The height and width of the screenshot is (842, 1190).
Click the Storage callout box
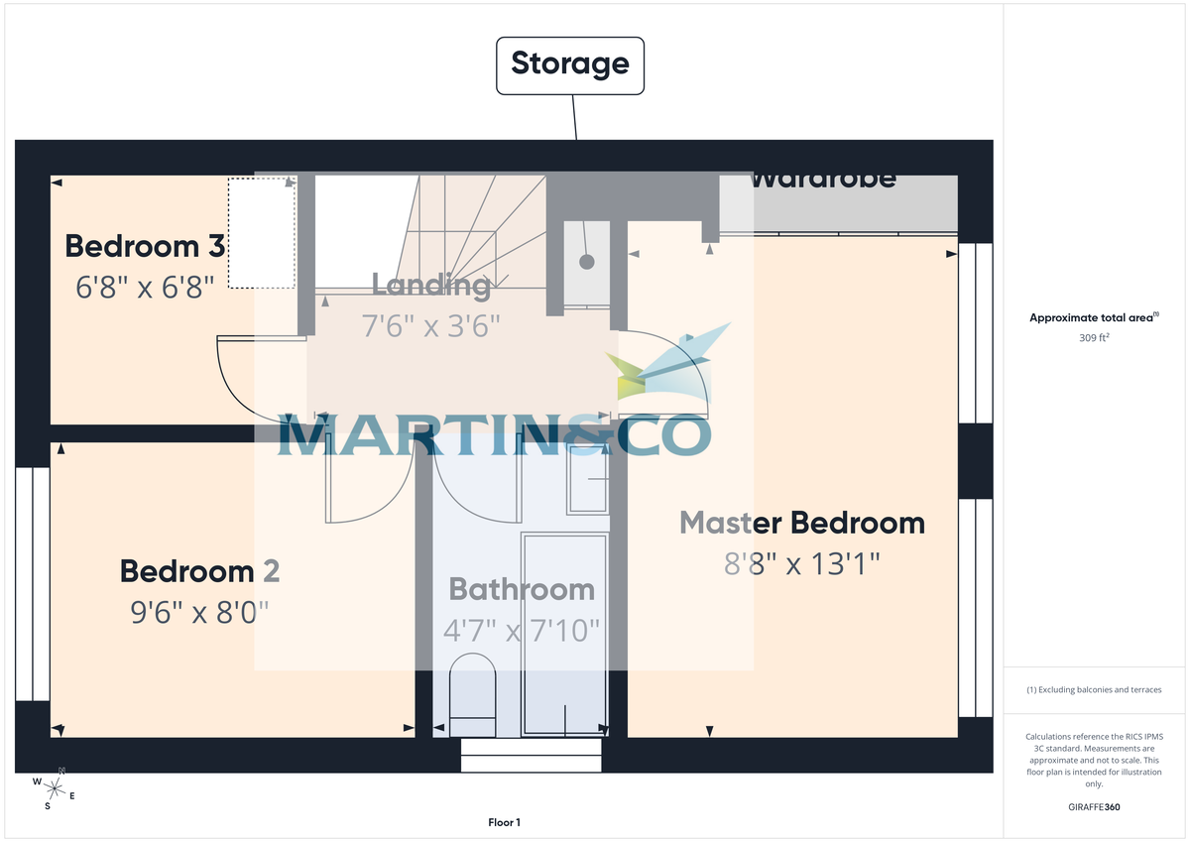click(569, 65)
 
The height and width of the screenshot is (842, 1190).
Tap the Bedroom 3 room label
click(146, 246)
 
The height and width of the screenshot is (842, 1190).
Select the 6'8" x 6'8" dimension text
click(145, 288)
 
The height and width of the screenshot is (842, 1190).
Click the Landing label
click(430, 285)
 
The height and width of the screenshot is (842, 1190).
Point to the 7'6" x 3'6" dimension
click(430, 325)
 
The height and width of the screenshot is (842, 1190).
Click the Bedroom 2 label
click(199, 571)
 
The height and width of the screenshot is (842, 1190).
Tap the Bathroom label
click(522, 589)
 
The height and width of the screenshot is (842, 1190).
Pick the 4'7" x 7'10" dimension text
click(522, 630)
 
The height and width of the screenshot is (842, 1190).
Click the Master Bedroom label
click(802, 523)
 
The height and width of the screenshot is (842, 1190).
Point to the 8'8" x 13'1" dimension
click(802, 564)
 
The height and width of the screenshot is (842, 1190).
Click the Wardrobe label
click(822, 180)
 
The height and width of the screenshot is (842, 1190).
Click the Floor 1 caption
click(504, 822)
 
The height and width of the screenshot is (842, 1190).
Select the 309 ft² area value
click(1093, 338)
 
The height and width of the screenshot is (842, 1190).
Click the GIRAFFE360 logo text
click(1093, 807)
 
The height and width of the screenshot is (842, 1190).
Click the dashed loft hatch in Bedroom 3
click(262, 233)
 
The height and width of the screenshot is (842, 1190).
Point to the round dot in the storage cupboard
click(587, 262)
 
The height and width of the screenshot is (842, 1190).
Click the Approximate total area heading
click(1093, 318)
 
